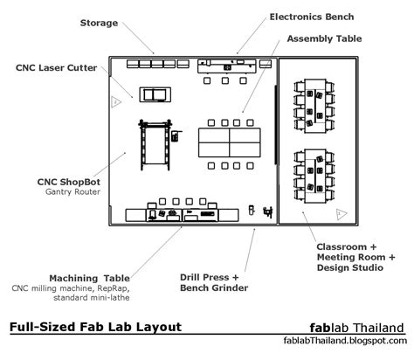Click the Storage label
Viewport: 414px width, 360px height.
(x=99, y=23)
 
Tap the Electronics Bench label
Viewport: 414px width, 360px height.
(x=312, y=17)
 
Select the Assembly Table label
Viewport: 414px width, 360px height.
(x=324, y=38)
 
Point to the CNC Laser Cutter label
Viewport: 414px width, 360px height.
(x=57, y=68)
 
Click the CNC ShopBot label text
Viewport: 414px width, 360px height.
(x=69, y=182)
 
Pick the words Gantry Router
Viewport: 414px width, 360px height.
(x=72, y=192)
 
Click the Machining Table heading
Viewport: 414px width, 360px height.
(x=90, y=278)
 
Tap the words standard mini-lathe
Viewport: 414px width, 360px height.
(x=92, y=298)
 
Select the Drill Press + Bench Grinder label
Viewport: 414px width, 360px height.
(x=214, y=282)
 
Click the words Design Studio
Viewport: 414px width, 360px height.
(x=350, y=267)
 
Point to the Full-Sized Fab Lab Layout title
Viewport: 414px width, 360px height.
(x=96, y=327)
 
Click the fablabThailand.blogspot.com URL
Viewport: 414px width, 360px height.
(x=345, y=340)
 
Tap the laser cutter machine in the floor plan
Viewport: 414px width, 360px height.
(x=155, y=94)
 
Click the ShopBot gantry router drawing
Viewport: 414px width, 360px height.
(x=155, y=144)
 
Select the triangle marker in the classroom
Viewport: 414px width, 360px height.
(x=342, y=214)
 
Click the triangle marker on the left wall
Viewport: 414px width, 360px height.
(x=116, y=102)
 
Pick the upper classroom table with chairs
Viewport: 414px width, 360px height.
(x=314, y=106)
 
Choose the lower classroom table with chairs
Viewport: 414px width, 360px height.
(x=314, y=176)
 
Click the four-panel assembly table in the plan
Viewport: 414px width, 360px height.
(x=230, y=142)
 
